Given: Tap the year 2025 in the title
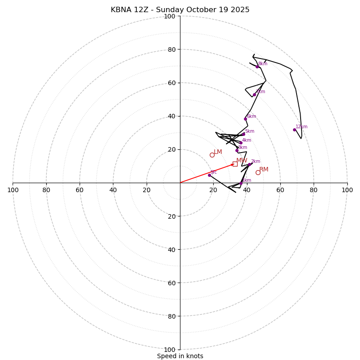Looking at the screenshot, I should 239,10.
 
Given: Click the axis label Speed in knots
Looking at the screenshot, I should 180,356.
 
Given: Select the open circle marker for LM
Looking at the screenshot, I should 212,155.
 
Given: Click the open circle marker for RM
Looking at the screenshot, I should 258,172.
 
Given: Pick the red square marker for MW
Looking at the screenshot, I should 235,164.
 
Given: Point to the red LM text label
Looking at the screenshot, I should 218,152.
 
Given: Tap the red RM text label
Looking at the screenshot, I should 264,170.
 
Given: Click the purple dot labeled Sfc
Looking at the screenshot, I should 209,175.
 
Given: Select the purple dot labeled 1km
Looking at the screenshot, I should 241,183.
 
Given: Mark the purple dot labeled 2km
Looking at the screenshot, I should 249,164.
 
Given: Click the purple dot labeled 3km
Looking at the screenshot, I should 237,150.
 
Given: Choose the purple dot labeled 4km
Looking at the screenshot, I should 241,143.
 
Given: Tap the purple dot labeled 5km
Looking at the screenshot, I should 243,134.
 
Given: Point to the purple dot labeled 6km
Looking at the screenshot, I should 245,119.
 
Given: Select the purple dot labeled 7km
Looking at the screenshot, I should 254,94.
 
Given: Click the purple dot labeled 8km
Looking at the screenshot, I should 257,67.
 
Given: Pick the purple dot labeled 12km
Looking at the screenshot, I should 294,130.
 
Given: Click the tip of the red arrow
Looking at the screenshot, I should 234,164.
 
